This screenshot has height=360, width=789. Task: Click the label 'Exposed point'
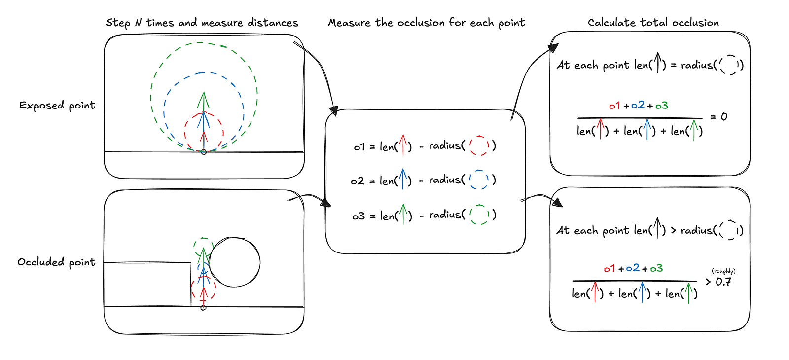(x=57, y=106)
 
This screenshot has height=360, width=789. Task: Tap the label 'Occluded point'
(x=56, y=262)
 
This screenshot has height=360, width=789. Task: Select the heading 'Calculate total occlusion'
(x=653, y=23)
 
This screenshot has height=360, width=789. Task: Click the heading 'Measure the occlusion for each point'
(x=426, y=23)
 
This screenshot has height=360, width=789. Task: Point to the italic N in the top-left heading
(x=138, y=23)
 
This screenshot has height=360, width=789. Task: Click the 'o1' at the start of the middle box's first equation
(x=359, y=147)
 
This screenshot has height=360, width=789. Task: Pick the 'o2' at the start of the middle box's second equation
(x=358, y=181)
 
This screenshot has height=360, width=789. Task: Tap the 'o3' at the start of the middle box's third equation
(x=359, y=216)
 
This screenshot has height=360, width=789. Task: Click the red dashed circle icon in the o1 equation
(x=478, y=145)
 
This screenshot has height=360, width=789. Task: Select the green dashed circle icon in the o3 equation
(x=479, y=215)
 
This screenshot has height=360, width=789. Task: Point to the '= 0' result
(x=718, y=117)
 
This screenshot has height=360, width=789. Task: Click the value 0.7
(x=723, y=282)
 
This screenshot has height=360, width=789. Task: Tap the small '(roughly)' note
(x=723, y=271)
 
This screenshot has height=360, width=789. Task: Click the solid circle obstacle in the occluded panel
(x=235, y=262)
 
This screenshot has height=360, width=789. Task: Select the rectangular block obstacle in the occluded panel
(x=147, y=285)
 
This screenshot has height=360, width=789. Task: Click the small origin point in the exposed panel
(x=204, y=152)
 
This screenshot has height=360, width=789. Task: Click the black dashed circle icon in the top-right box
(x=728, y=65)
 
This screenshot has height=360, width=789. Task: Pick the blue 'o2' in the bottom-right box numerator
(x=633, y=268)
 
